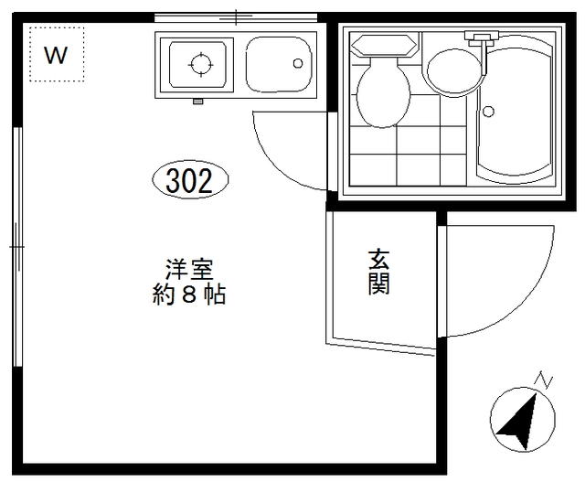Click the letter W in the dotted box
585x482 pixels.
coord(56,55)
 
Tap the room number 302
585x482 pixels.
coord(189,181)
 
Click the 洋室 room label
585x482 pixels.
coord(189,269)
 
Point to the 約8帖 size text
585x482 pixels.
coord(189,295)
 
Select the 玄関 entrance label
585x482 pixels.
coord(378,272)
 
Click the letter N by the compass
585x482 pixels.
coord(544,380)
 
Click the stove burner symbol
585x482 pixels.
coord(201,64)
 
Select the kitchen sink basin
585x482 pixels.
coord(279,64)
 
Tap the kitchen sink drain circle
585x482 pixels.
coord(298,63)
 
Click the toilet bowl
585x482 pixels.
coord(383,93)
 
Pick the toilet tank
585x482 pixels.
coord(384,46)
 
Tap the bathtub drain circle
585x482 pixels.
coord(488,112)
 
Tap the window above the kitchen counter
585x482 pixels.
coord(236,17)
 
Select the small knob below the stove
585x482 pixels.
coord(197,102)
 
